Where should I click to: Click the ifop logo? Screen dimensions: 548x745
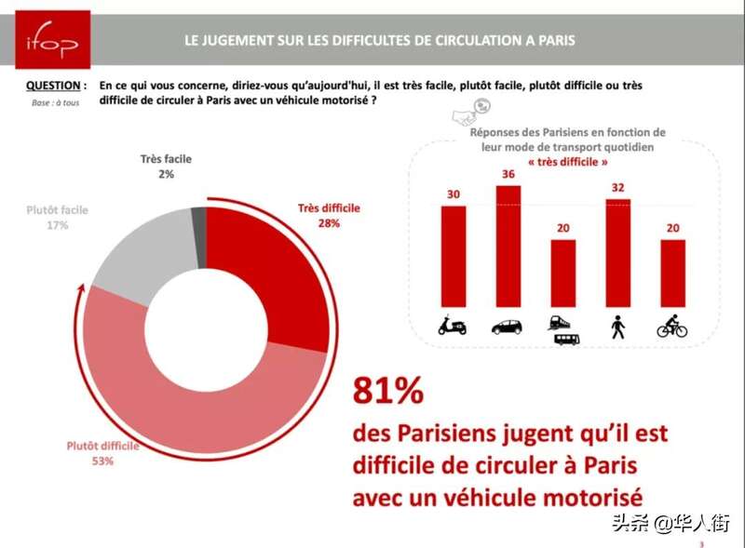(53, 40)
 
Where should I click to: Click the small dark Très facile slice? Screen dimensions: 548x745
(198, 222)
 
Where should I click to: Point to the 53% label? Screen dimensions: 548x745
(102, 461)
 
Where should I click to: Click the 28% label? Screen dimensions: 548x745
(329, 223)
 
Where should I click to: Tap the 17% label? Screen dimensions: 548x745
(58, 225)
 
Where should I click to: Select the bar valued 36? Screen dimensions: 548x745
(508, 247)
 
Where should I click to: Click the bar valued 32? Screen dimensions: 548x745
(618, 253)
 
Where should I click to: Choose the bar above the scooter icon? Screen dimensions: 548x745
(453, 256)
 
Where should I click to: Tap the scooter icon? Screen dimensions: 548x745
(453, 326)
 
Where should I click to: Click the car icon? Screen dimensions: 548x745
(508, 327)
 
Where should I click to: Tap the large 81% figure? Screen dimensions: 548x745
(386, 392)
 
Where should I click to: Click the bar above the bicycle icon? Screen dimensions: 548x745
(672, 274)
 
